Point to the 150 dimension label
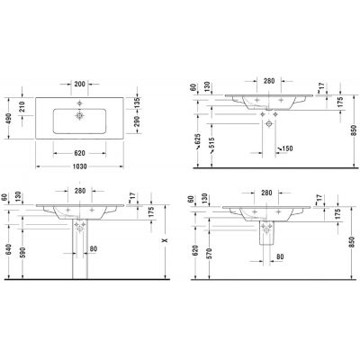(285, 147)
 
